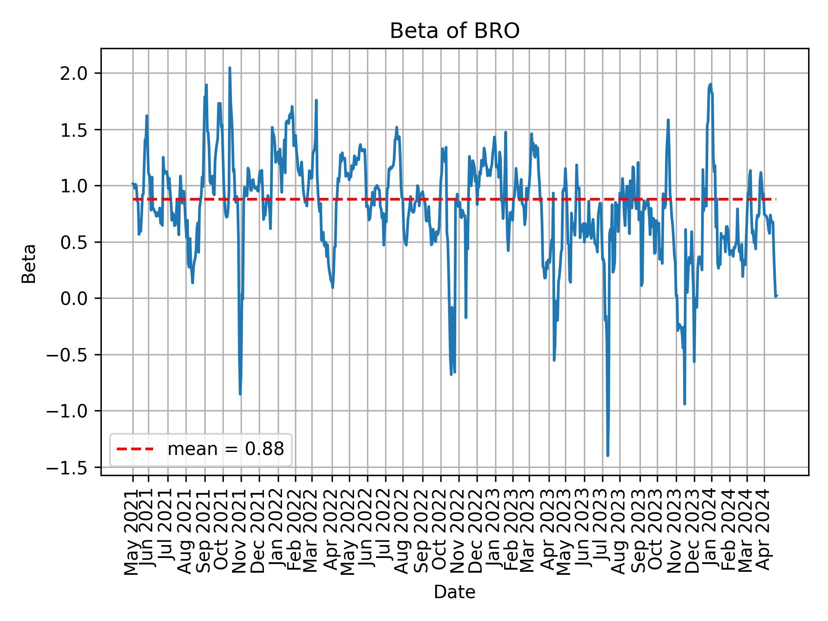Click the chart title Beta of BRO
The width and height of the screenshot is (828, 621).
(455, 31)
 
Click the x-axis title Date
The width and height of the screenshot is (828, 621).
(455, 593)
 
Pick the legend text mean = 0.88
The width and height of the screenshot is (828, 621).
(226, 449)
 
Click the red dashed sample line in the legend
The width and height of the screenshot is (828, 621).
(135, 449)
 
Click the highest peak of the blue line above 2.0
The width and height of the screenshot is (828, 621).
(230, 68)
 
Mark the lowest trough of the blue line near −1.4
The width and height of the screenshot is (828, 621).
(608, 455)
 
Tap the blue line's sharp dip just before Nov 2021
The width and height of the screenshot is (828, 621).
(240, 394)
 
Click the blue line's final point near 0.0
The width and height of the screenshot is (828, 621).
(776, 296)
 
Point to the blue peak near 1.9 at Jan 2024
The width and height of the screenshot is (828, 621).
(710, 85)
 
